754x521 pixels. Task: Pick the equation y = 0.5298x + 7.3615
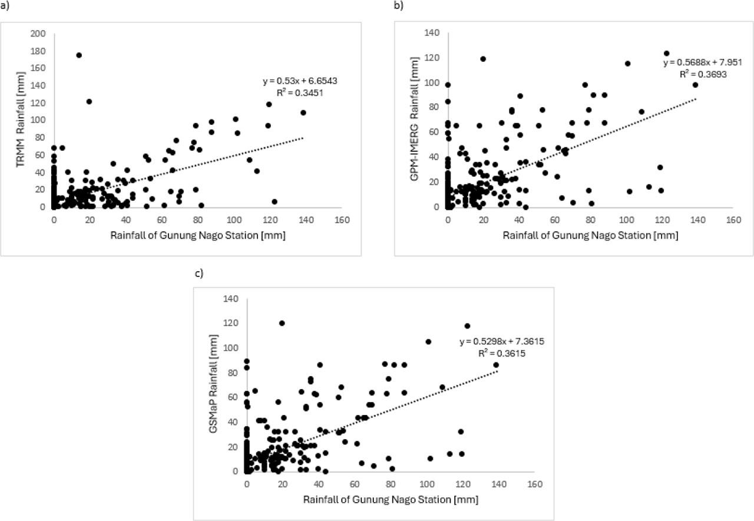coord(495,342)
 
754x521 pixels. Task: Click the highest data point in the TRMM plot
coord(79,55)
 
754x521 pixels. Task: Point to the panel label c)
coord(199,274)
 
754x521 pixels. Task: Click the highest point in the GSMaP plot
coord(282,323)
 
